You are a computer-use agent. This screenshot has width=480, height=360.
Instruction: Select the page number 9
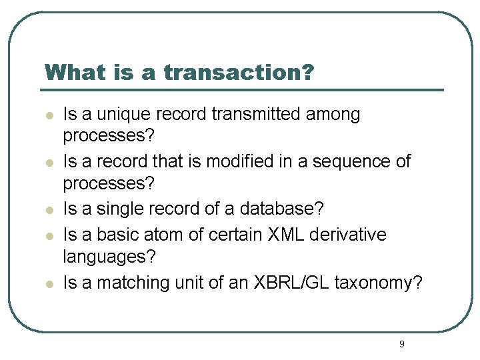tap(401, 344)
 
